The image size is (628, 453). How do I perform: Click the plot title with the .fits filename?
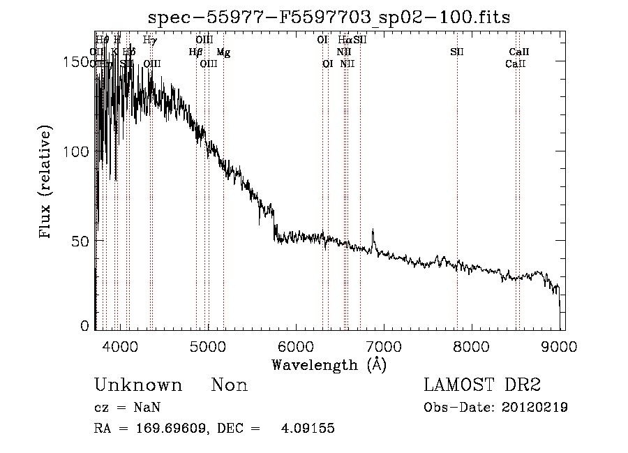(329, 18)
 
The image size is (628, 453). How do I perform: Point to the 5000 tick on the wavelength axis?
(207, 345)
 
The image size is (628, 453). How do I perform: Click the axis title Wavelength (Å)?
(329, 364)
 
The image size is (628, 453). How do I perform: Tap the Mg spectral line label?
(223, 52)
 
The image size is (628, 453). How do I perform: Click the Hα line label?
(345, 40)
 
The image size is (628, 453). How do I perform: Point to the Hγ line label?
(149, 40)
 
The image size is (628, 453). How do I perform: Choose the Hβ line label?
(195, 52)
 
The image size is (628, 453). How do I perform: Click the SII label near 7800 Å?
(457, 52)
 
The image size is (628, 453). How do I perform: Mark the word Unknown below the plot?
(138, 385)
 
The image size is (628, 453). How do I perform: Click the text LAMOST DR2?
(481, 385)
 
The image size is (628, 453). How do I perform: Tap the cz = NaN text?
(122, 408)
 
